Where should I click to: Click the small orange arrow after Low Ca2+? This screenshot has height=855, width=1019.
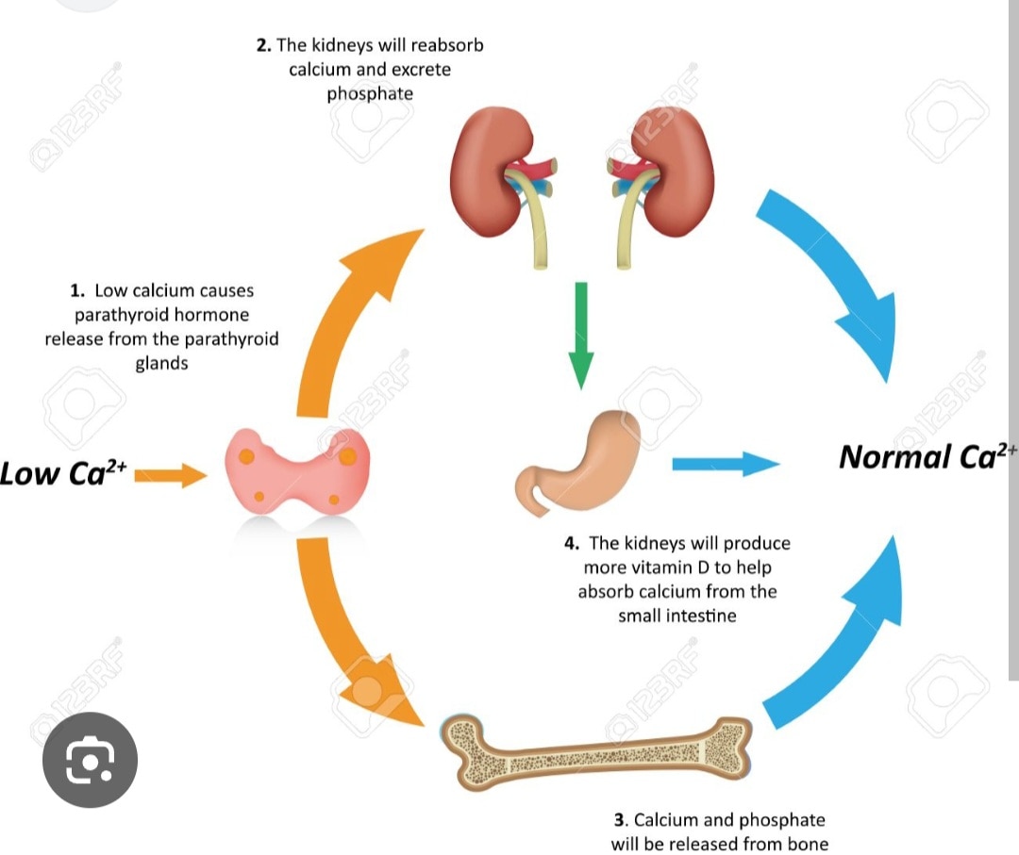pyautogui.click(x=170, y=474)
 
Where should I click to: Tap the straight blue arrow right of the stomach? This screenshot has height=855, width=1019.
pyautogui.click(x=725, y=463)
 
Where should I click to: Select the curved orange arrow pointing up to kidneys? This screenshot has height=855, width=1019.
pyautogui.click(x=349, y=321)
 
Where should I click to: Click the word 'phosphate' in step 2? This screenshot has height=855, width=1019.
pyautogui.click(x=370, y=94)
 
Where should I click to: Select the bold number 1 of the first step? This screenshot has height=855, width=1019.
pyautogui.click(x=76, y=291)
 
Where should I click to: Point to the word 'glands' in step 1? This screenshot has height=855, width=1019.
pyautogui.click(x=161, y=363)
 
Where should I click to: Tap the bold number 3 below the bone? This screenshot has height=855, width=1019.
pyautogui.click(x=619, y=820)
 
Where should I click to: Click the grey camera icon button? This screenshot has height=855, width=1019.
pyautogui.click(x=91, y=760)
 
